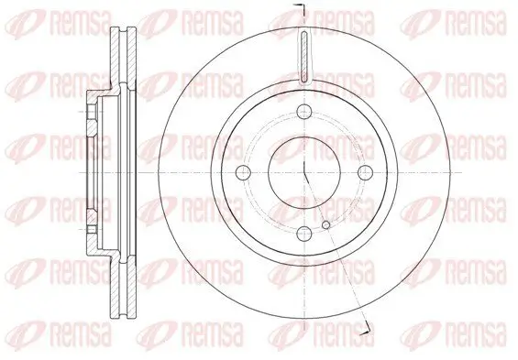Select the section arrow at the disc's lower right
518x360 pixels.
(x=368, y=327)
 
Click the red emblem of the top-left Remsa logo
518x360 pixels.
(x=26, y=20)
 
